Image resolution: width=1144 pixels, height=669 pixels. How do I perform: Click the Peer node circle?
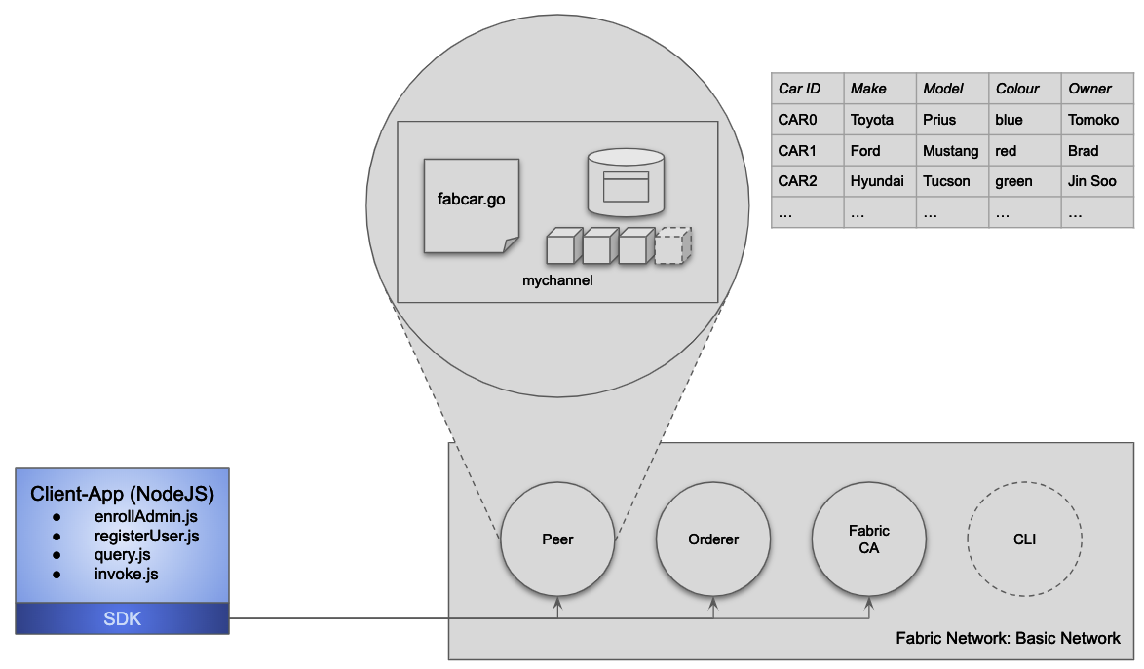coord(557,539)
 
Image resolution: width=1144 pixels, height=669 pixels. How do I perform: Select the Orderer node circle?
coord(713,539)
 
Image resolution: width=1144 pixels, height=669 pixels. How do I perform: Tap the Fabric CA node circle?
coord(868,539)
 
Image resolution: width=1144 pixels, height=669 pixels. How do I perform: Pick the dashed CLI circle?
coord(1024,539)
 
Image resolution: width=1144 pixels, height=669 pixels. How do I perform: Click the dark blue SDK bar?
coord(123,618)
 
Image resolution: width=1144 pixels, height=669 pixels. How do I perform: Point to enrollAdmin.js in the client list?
coord(146,517)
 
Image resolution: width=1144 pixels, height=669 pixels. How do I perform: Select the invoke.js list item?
coord(126,574)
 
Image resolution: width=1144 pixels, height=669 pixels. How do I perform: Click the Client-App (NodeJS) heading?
coord(123,493)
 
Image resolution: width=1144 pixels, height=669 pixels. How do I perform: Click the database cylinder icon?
coord(626,182)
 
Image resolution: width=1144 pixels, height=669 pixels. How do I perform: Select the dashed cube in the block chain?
coord(673,245)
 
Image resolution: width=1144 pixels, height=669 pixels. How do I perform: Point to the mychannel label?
coord(557,279)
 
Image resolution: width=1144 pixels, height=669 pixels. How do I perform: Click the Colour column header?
coord(1017,89)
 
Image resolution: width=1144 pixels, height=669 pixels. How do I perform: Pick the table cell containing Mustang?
coord(951,151)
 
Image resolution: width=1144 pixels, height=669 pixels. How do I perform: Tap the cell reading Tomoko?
coord(1092,120)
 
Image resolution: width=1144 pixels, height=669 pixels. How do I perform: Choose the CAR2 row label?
coord(797,181)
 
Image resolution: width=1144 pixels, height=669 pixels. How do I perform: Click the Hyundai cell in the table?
coord(877,181)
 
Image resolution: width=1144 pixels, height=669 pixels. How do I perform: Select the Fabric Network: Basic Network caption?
coord(1009,638)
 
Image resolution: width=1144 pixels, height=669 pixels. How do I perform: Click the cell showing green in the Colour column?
coord(1013,181)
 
